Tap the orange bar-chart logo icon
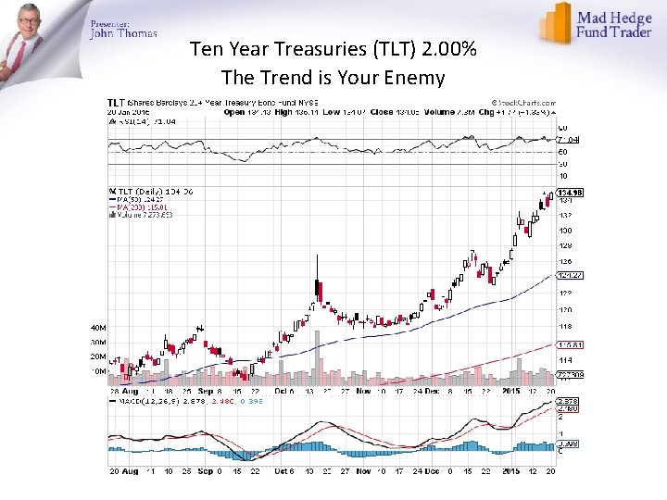(556, 23)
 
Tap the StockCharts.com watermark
(523, 102)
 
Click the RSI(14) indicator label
(128, 120)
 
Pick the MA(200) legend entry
(133, 206)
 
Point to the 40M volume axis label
(97, 327)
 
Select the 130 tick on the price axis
(563, 230)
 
